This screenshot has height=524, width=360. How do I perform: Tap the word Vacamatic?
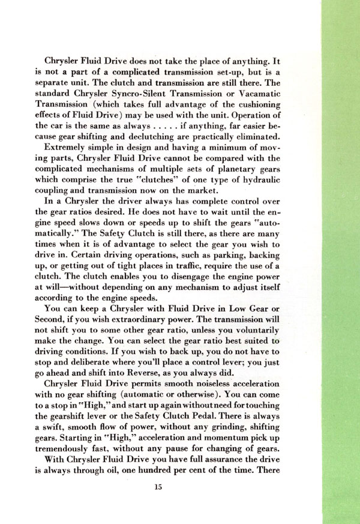[x=290, y=95]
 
